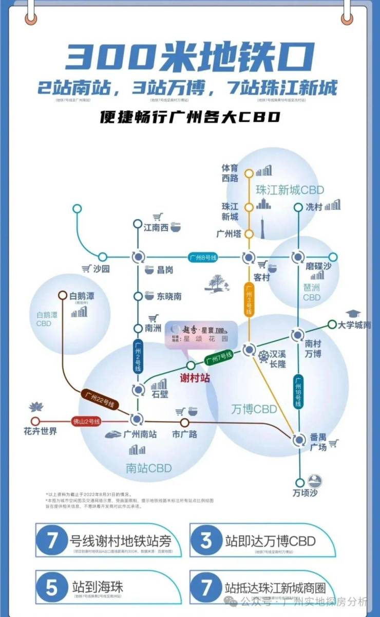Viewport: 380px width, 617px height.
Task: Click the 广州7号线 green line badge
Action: pos(219,357)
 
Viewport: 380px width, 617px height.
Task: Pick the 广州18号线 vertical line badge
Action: pos(298,392)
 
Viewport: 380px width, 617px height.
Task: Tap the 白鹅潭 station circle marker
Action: pos(62,295)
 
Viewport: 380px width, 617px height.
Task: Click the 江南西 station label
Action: pos(156,227)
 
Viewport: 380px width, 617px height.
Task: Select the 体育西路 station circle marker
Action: pos(249,173)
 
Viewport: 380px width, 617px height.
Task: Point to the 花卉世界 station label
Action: pos(40,431)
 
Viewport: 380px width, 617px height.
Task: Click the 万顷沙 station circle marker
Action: pos(299,483)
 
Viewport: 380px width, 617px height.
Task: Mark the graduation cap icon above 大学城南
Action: pos(353,313)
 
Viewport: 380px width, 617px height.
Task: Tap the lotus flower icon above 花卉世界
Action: pos(36,407)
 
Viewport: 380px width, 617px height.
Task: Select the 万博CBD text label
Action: pos(254,409)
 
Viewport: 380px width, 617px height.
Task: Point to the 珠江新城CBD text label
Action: pos(290,190)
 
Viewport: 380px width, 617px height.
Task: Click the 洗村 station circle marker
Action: pos(298,208)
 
